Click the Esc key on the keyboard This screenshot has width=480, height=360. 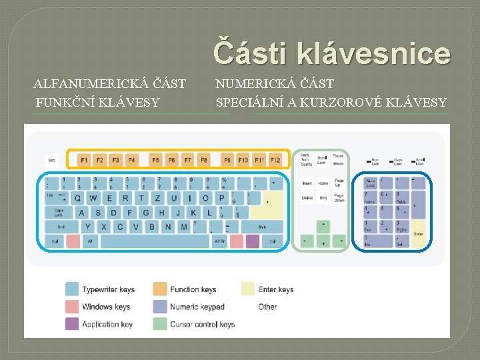(x=52, y=160)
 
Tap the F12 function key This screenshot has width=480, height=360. (x=275, y=160)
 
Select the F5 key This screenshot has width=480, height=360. (x=155, y=160)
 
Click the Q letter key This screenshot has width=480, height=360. (x=77, y=198)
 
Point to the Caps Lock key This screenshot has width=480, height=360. (x=59, y=213)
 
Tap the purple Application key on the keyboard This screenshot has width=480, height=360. (x=252, y=241)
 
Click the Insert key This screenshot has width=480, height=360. (x=307, y=183)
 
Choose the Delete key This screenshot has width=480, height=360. (x=307, y=197)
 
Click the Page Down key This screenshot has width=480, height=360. (x=339, y=197)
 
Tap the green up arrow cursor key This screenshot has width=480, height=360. (x=323, y=226)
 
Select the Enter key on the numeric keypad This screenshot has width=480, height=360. (x=419, y=234)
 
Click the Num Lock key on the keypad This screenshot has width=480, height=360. (x=371, y=183)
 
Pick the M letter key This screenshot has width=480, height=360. (x=184, y=227)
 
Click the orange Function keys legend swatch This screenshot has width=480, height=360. (x=160, y=289)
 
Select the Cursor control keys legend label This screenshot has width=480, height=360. (x=202, y=325)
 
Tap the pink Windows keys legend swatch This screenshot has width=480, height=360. (x=72, y=307)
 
